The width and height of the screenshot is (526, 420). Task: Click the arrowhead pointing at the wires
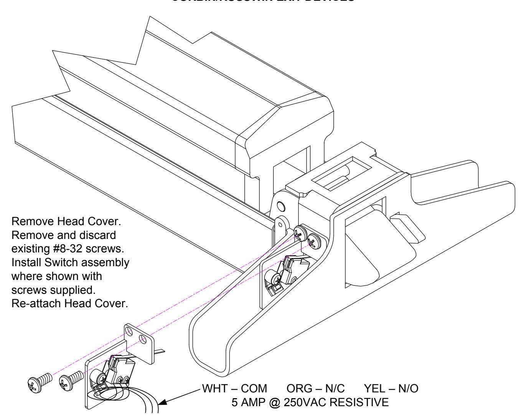164,402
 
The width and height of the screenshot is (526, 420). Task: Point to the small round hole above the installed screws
281,207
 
